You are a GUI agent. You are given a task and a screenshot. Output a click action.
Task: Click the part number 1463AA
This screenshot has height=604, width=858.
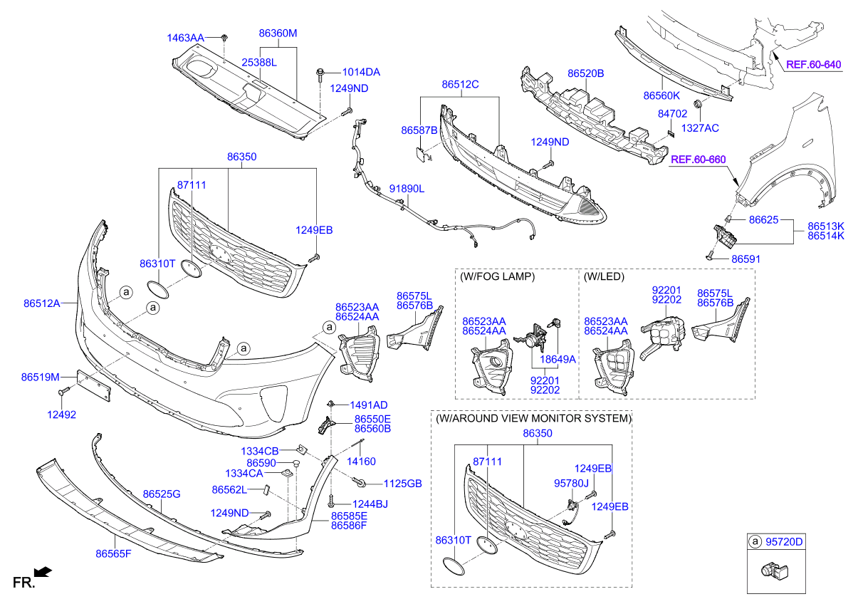tap(185, 37)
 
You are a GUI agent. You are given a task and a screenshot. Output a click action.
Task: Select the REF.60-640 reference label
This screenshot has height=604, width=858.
tap(813, 65)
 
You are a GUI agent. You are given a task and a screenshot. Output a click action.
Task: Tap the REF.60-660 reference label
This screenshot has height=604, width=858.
tap(698, 160)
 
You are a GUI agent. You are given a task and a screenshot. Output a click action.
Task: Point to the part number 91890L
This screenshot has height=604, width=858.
tap(407, 189)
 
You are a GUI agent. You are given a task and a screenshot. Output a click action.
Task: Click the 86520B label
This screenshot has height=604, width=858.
tap(585, 73)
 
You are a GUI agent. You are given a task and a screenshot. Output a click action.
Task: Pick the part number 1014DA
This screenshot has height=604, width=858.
tap(361, 72)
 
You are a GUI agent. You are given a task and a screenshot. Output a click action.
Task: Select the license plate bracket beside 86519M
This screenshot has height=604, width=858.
tap(92, 385)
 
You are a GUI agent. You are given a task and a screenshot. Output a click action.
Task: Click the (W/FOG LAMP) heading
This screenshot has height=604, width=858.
tap(498, 276)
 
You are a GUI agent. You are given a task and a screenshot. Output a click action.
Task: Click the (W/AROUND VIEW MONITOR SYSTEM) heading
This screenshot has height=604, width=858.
tap(533, 418)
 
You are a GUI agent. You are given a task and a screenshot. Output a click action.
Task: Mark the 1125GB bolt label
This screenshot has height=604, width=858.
tap(403, 484)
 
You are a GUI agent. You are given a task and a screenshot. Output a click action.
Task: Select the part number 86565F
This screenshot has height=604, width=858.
tap(113, 553)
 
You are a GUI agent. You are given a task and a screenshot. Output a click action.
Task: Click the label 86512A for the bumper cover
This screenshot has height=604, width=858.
tap(41, 303)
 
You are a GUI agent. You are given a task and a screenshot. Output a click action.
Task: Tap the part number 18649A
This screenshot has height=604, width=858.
tap(558, 360)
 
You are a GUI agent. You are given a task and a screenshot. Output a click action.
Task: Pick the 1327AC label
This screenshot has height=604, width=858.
tap(700, 128)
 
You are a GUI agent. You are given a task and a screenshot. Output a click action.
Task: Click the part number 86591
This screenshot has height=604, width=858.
tap(745, 259)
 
